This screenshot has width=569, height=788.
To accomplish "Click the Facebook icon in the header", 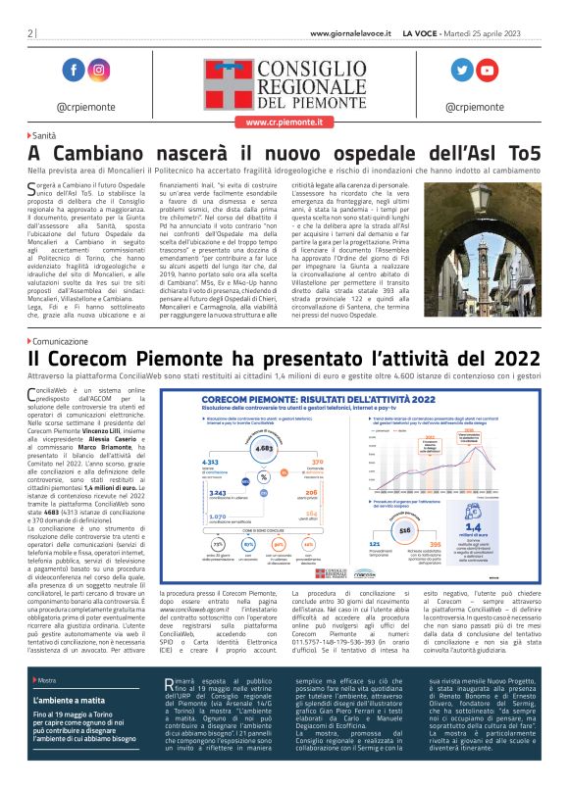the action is (x=73, y=70).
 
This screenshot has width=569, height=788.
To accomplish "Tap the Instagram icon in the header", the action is (x=99, y=70).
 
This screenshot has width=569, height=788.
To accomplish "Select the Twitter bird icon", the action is (x=461, y=70).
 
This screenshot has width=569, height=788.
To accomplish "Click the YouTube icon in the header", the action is (x=488, y=70).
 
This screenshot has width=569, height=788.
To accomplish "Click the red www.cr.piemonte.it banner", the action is (x=283, y=123).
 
